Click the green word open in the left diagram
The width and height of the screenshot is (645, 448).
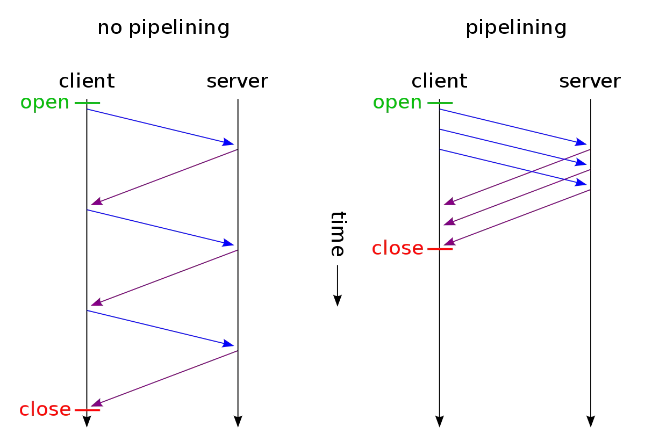click(45, 103)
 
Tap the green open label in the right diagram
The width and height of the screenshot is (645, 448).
click(397, 103)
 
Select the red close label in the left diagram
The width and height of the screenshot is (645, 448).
click(45, 410)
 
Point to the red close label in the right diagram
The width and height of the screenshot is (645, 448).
click(398, 248)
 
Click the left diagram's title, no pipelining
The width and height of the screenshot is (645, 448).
click(165, 28)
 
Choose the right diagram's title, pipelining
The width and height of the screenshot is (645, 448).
click(516, 28)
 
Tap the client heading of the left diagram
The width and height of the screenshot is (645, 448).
click(86, 81)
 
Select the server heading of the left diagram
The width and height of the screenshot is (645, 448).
click(238, 81)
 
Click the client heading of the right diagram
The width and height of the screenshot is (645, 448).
click(439, 81)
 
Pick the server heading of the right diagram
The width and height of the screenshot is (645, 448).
click(590, 81)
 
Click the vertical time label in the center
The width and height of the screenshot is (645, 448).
click(338, 234)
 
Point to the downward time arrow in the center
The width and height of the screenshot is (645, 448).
click(337, 285)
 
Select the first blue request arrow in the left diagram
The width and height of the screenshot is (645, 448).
click(161, 127)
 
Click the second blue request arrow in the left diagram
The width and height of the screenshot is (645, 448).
click(161, 227)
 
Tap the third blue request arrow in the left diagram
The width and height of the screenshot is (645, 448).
click(161, 327)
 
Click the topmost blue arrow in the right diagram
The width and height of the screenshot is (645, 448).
click(513, 127)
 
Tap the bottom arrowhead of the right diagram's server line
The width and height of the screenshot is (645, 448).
click(591, 418)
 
